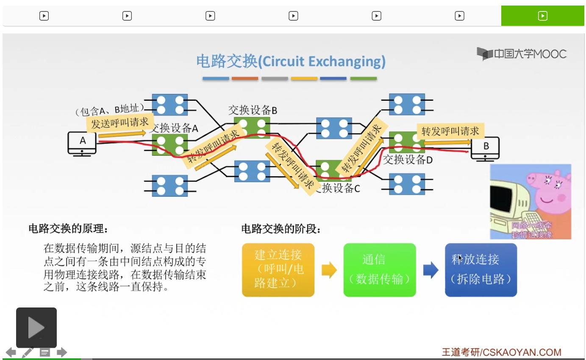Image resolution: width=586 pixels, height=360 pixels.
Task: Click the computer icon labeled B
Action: [x=486, y=149]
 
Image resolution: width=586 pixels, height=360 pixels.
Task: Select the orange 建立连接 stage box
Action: [x=278, y=270]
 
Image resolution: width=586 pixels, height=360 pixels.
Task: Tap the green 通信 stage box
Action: [x=379, y=270]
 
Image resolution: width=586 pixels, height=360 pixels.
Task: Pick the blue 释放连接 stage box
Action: [x=480, y=270]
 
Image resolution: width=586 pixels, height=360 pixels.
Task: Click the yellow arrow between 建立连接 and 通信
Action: [x=329, y=270]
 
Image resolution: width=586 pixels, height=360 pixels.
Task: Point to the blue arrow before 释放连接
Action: [x=430, y=270]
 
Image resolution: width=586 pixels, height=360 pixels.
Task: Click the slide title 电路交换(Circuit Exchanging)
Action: [x=291, y=61]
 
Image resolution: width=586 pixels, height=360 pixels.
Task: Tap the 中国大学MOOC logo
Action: [x=522, y=54]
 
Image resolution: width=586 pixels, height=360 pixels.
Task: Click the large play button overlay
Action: [x=36, y=327]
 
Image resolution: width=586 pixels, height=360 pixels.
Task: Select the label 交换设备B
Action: [x=253, y=110]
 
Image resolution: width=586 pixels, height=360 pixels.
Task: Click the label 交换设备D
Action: [x=408, y=160]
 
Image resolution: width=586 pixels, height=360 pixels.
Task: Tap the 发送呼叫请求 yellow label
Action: [x=120, y=123]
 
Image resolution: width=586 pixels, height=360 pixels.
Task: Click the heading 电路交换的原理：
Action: [x=68, y=229]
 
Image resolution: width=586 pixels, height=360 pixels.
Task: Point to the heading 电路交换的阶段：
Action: [x=281, y=229]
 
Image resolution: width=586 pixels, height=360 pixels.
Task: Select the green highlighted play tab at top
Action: [x=542, y=16]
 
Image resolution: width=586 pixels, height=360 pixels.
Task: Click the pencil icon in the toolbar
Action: [x=28, y=352]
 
